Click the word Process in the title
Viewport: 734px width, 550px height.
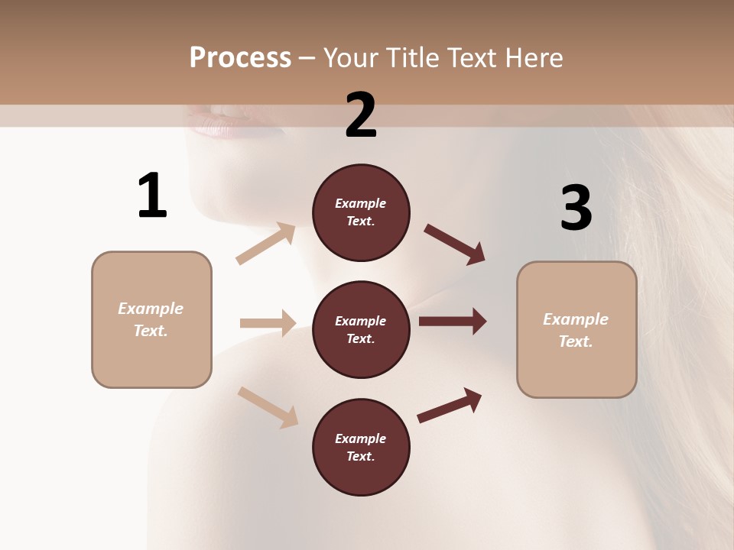[240, 58]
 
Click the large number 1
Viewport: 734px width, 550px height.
[152, 196]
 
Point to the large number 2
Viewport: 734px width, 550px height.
[361, 115]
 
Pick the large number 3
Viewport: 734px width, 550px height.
[576, 208]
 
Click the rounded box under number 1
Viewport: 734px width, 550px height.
[151, 319]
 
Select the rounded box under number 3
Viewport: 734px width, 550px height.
[576, 330]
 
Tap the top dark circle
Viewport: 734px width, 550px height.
[361, 212]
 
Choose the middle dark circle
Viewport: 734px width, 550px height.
[361, 330]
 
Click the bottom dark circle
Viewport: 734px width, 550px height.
[361, 448]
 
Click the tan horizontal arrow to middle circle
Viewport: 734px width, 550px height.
[268, 323]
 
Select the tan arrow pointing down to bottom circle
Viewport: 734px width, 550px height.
[268, 406]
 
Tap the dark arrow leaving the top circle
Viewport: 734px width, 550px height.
[455, 244]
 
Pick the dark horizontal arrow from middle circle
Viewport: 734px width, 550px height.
[453, 322]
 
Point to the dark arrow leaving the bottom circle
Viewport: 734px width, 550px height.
[450, 405]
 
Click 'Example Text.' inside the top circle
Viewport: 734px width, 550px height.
[361, 212]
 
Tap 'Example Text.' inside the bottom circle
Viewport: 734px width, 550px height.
[361, 448]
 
